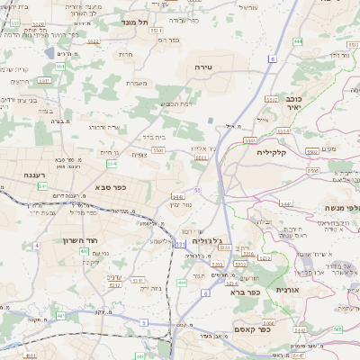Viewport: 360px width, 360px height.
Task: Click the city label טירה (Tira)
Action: click(202, 67)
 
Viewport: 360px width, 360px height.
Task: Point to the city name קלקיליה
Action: click(270, 152)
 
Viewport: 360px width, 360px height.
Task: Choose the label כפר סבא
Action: click(109, 187)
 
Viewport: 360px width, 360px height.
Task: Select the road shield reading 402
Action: click(84, 252)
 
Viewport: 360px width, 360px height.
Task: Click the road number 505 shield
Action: click(337, 329)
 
